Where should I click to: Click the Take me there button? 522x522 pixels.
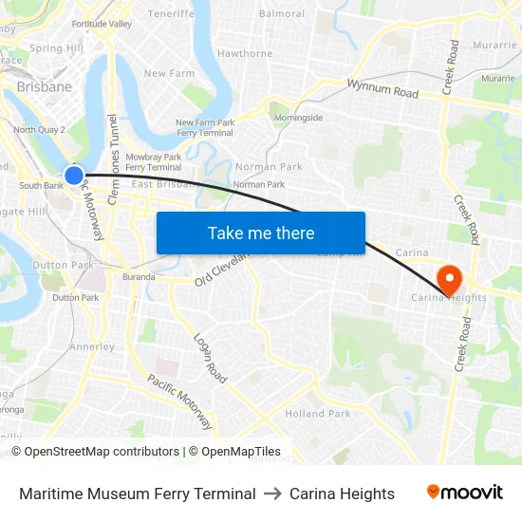click(261, 233)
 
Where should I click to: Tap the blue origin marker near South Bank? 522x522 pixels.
click(73, 176)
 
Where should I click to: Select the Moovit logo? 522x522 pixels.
click(465, 493)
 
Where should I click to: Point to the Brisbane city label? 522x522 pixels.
click(44, 86)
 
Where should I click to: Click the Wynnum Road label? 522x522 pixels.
click(382, 90)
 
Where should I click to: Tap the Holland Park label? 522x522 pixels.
click(318, 414)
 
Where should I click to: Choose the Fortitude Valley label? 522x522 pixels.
click(102, 24)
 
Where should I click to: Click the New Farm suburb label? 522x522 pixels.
click(169, 73)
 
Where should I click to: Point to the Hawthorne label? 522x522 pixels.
click(245, 54)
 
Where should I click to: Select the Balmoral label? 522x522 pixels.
click(282, 14)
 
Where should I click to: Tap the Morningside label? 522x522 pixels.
click(298, 118)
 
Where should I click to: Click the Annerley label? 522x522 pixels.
click(92, 347)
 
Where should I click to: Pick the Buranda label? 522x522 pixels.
click(139, 277)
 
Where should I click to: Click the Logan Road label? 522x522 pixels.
click(210, 358)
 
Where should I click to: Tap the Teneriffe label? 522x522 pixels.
click(171, 15)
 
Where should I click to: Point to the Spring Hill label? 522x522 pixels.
click(57, 48)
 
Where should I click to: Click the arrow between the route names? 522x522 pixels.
click(272, 494)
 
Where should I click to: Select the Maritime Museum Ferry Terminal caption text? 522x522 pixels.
click(138, 494)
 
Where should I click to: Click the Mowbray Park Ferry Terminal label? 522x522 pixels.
click(153, 161)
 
